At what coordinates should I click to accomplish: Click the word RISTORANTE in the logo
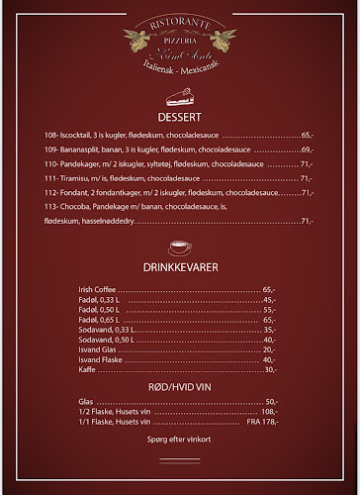pyautogui.click(x=180, y=19)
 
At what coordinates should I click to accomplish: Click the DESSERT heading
pyautogui.click(x=179, y=115)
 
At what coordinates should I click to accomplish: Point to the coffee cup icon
pyautogui.click(x=179, y=245)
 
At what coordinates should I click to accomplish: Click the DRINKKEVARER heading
pyautogui.click(x=179, y=267)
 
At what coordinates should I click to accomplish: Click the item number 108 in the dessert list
pyautogui.click(x=50, y=135)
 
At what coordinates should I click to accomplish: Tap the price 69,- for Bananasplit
pyautogui.click(x=307, y=149)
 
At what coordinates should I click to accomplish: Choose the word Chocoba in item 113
pyautogui.click(x=77, y=206)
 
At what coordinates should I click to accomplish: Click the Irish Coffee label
pyautogui.click(x=97, y=289)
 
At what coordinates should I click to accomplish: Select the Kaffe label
pyautogui.click(x=87, y=369)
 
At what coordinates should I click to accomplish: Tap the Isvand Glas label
pyautogui.click(x=96, y=349)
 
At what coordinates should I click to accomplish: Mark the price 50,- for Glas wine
pyautogui.click(x=271, y=401)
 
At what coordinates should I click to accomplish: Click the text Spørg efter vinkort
pyautogui.click(x=179, y=438)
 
